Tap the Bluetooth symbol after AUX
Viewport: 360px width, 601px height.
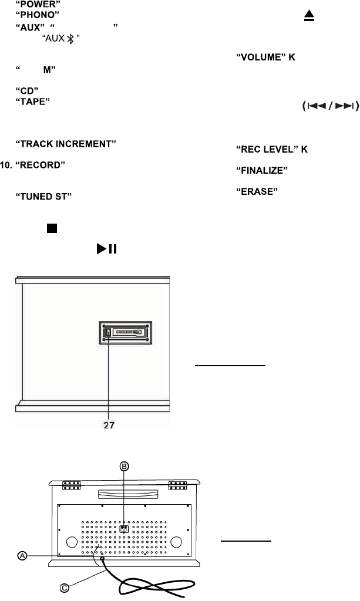click(70, 38)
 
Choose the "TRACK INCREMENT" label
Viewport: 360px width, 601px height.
click(65, 144)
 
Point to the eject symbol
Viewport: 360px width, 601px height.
click(309, 18)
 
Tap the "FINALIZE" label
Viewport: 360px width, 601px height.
click(261, 170)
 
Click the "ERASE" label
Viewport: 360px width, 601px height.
click(256, 191)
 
